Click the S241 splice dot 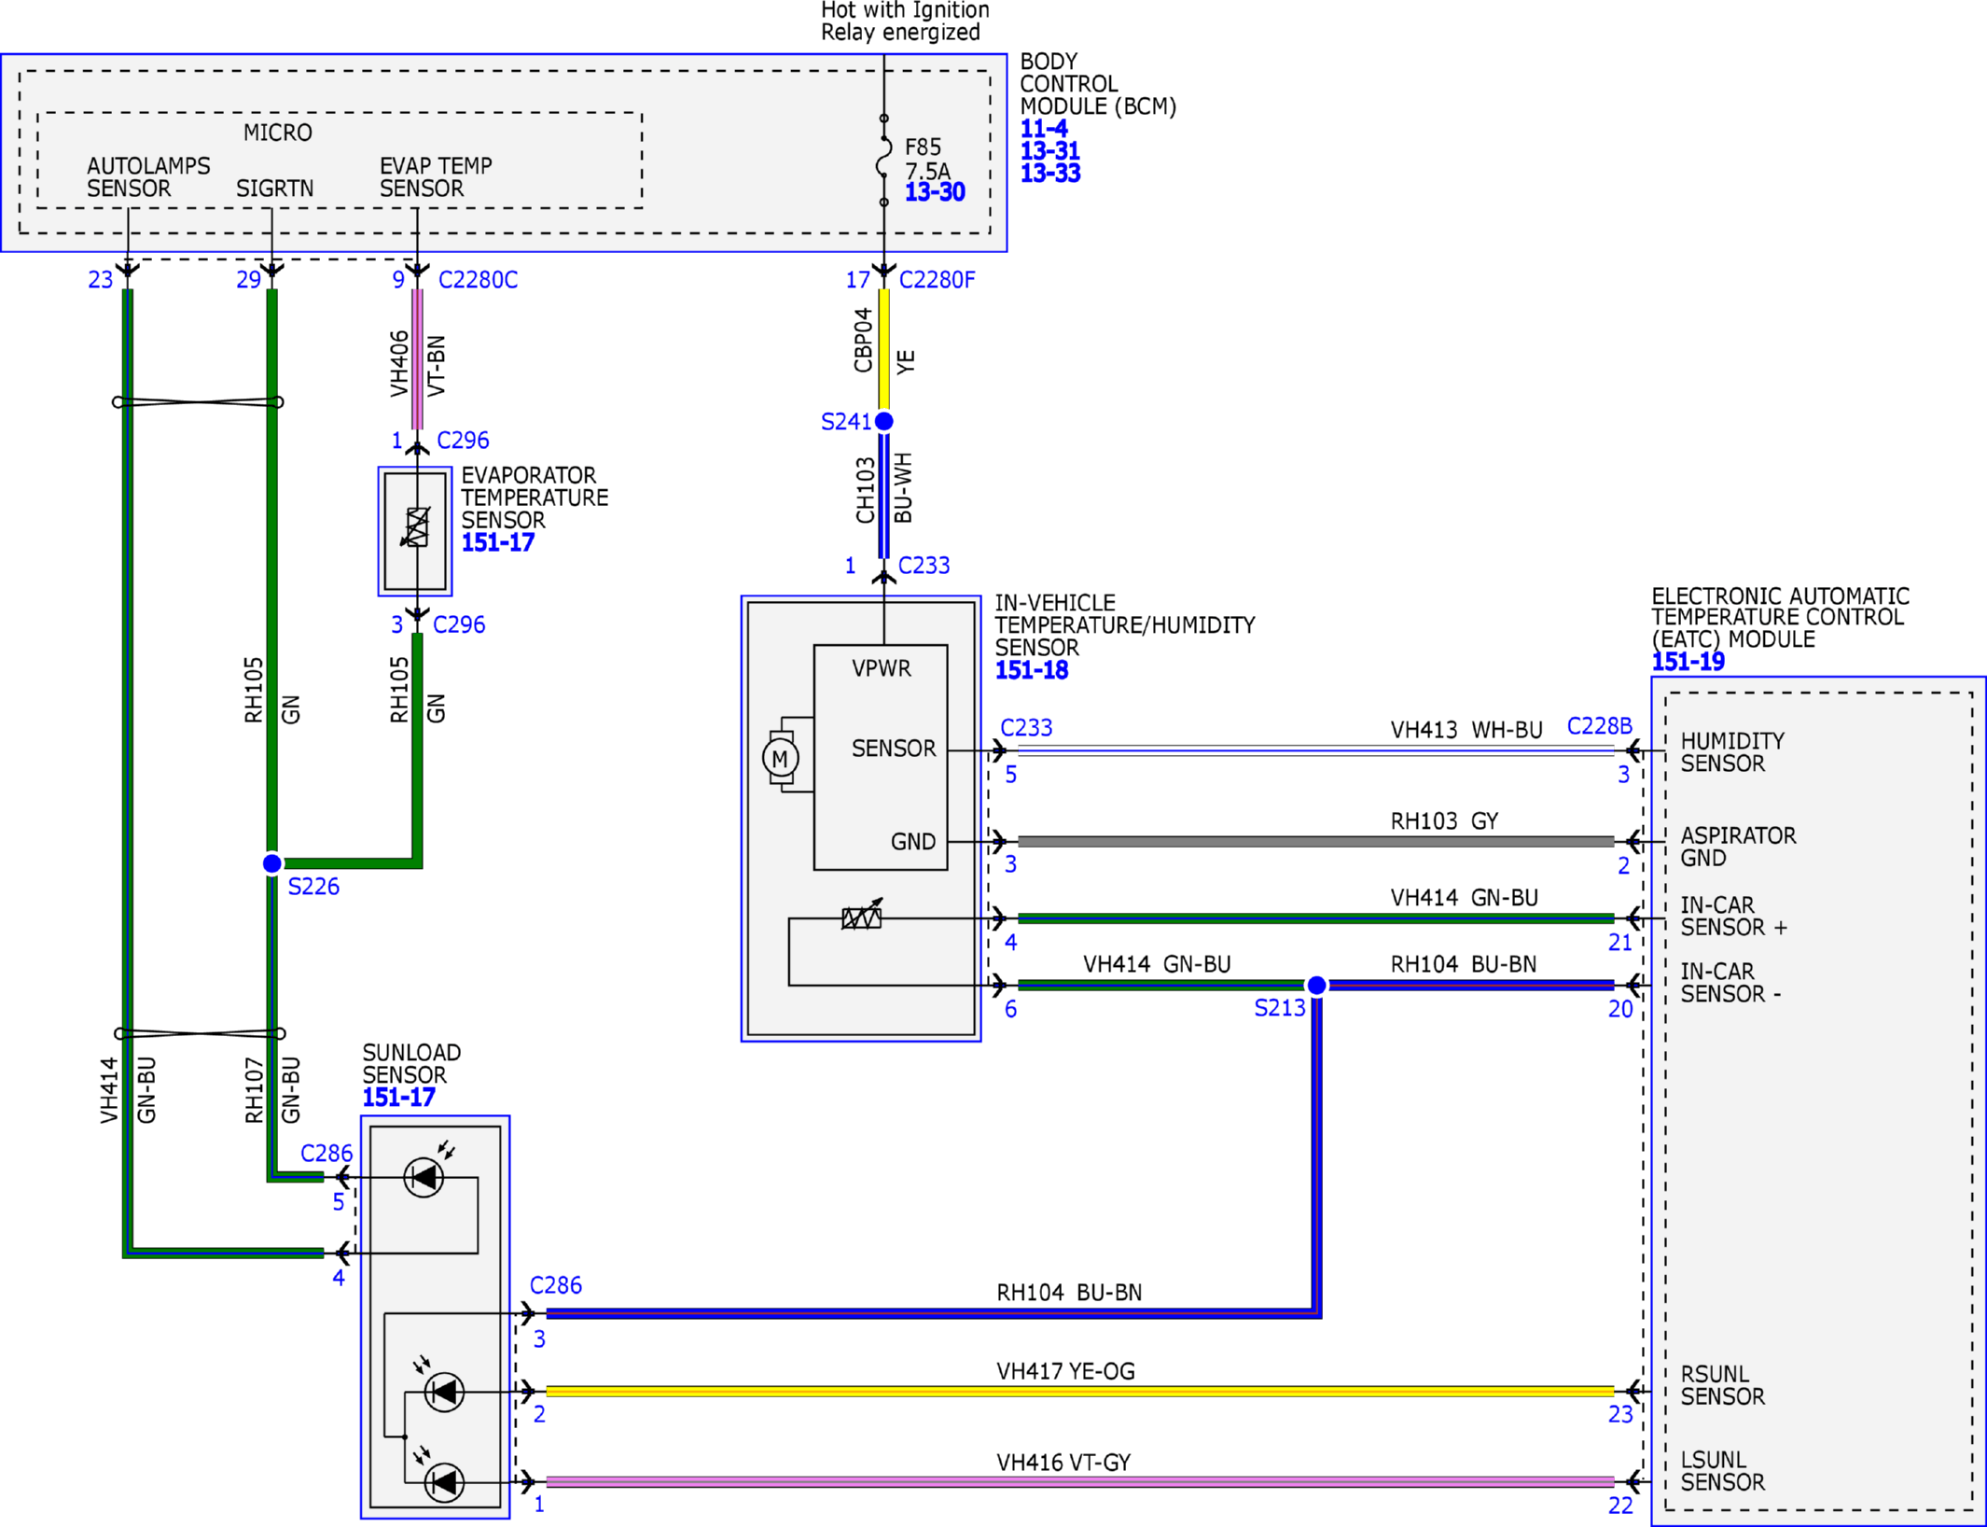[884, 421]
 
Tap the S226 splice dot [271, 863]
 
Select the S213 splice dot [1316, 985]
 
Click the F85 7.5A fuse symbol [883, 161]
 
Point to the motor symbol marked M [780, 758]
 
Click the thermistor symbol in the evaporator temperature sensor [416, 527]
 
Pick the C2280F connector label [937, 280]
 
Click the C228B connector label [1600, 726]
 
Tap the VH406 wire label [398, 363]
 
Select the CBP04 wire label [863, 340]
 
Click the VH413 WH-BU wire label [1466, 730]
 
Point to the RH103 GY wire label [1444, 821]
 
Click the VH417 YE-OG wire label [1065, 1371]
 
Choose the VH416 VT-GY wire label [1063, 1463]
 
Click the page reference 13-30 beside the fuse [935, 192]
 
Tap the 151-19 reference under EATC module [1688, 662]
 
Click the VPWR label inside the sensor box [882, 668]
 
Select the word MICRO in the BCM [278, 133]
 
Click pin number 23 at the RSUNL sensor [1620, 1414]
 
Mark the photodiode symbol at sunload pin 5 [424, 1177]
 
